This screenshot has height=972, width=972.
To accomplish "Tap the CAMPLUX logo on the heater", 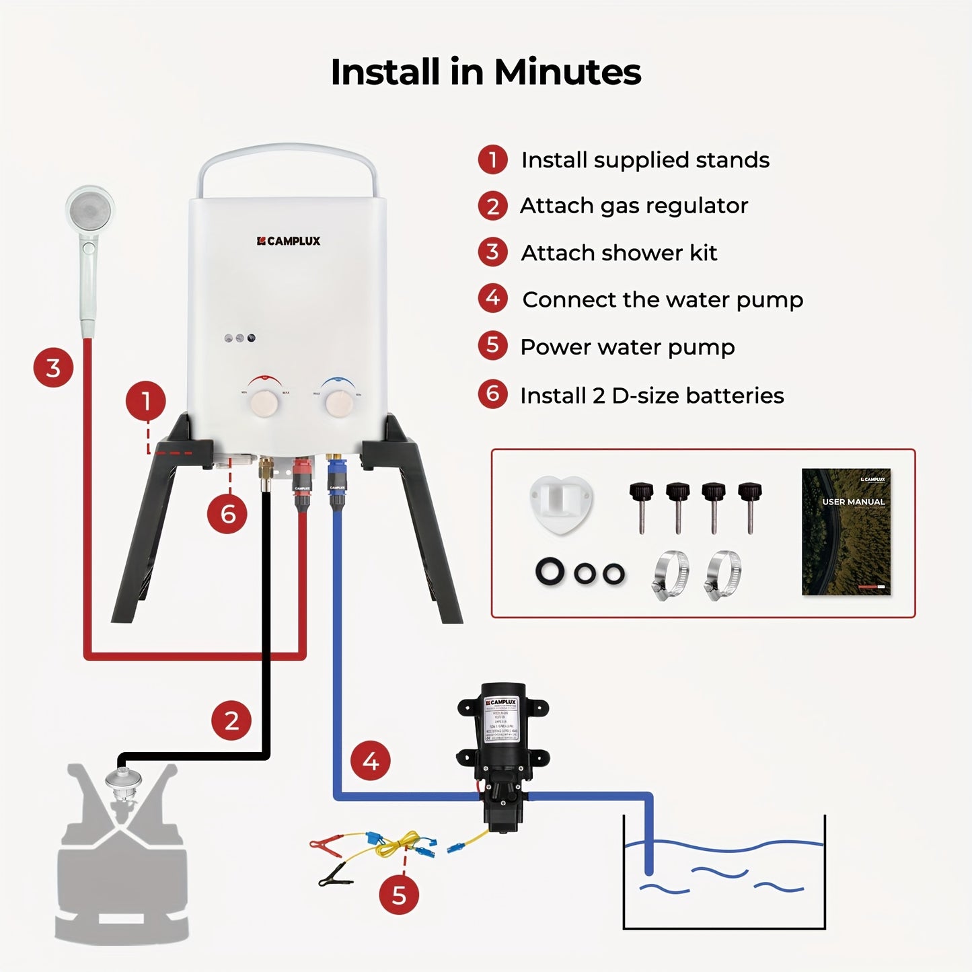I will pyautogui.click(x=289, y=241).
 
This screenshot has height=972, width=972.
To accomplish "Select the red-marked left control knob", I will pyautogui.click(x=264, y=402).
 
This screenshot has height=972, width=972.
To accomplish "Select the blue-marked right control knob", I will pyautogui.click(x=338, y=403).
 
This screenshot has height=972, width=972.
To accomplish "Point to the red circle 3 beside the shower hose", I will pyautogui.click(x=53, y=367).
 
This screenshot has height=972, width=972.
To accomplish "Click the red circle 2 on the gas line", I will pyautogui.click(x=231, y=720).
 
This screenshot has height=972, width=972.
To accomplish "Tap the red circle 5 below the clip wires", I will pyautogui.click(x=399, y=895).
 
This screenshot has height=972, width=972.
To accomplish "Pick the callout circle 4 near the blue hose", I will pyautogui.click(x=371, y=761).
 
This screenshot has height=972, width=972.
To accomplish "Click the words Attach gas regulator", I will pyautogui.click(x=634, y=206).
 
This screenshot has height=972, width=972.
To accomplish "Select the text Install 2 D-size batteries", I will pyautogui.click(x=652, y=396).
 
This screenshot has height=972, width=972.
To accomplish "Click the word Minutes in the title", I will pyautogui.click(x=567, y=72).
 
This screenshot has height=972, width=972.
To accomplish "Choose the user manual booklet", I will pyautogui.click(x=846, y=531).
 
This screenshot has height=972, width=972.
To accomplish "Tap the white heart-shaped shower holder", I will pyautogui.click(x=561, y=503).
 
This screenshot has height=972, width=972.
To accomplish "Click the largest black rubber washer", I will pyautogui.click(x=551, y=572).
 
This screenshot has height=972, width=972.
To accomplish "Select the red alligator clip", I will pyautogui.click(x=327, y=842).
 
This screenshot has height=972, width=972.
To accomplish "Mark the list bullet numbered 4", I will pyautogui.click(x=493, y=298).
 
